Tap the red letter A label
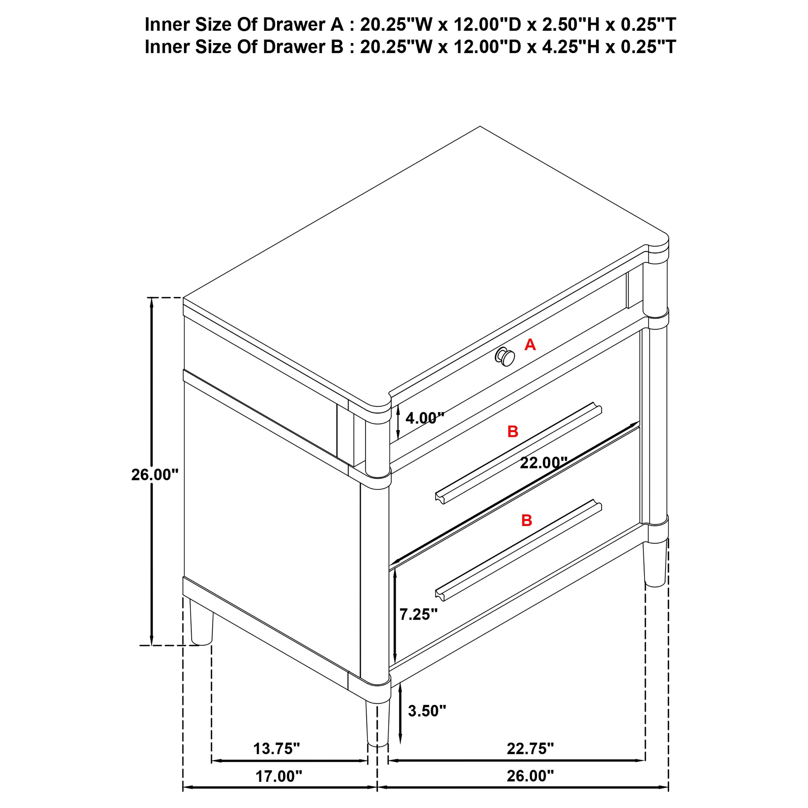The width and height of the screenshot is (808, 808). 530,345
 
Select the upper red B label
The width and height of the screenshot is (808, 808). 513,431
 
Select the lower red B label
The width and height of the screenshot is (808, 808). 526,520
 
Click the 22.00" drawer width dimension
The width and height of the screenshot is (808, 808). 543,463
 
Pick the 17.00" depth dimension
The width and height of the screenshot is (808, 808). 279,776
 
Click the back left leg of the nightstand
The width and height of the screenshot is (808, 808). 201,627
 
